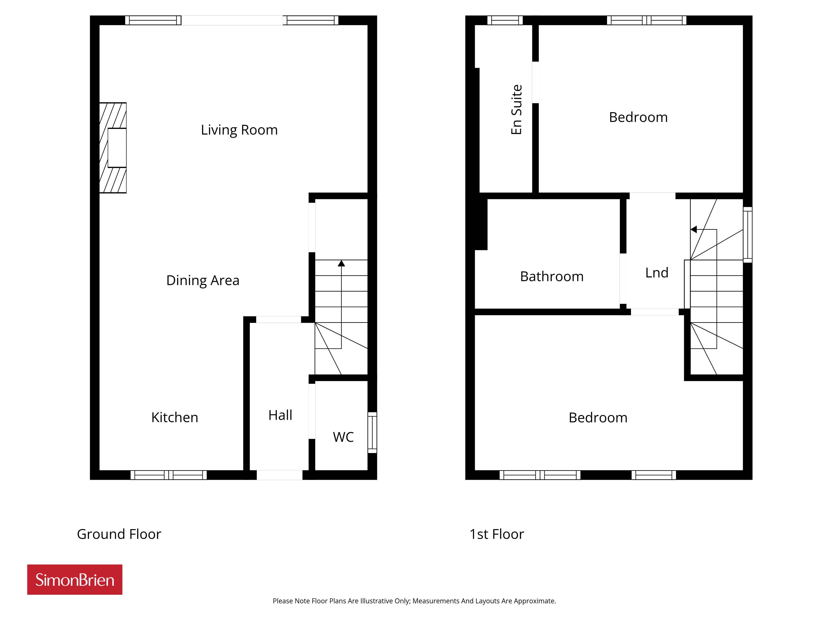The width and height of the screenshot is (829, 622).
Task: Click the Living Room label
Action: coord(239,130)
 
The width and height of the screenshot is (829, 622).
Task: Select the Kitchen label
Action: coord(175,417)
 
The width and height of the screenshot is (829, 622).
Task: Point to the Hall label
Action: coord(280,415)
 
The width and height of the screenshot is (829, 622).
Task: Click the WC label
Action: coord(343,437)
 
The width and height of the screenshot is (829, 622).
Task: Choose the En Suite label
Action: coord(516,109)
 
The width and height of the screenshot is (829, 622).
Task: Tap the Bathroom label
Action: coord(552,276)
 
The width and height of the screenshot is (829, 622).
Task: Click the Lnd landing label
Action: coord(657,273)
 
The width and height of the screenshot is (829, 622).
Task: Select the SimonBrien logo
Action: coord(75,580)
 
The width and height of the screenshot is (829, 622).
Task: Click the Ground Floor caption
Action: coord(119,534)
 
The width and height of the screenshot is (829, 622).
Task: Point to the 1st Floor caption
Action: coord(497,534)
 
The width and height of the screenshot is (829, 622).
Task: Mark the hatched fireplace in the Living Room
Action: coord(113,148)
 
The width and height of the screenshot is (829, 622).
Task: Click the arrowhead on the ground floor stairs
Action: coord(341,264)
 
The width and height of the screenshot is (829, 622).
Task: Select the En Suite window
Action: coord(505,20)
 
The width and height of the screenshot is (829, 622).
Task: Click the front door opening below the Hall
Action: coord(280,475)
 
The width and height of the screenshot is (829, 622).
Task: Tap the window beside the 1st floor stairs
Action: coord(748,235)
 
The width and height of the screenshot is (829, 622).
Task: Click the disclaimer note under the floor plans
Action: coord(414,601)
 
